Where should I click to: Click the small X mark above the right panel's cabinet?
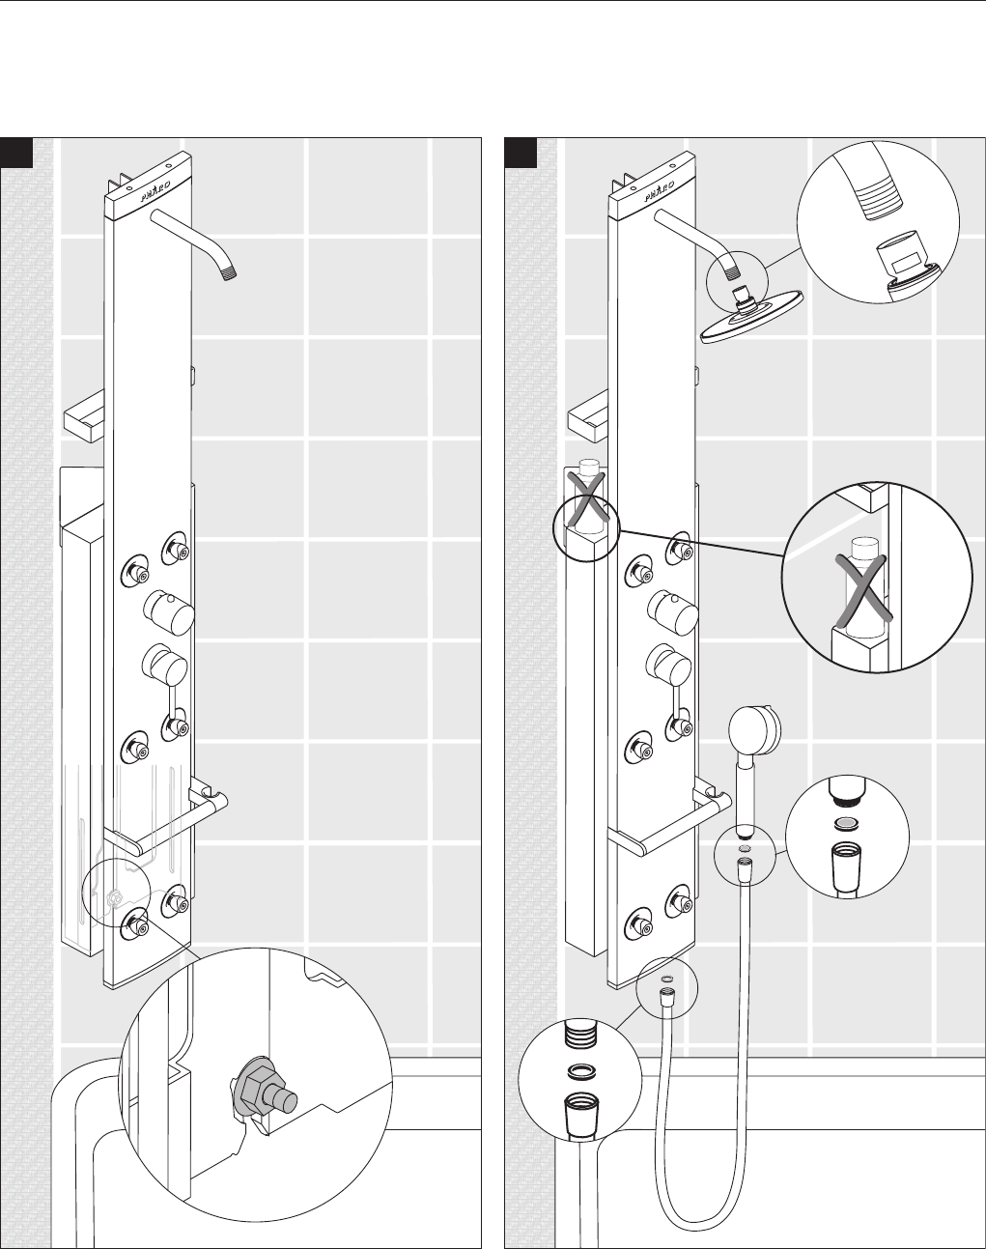(585, 495)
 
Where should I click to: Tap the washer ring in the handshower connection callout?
(847, 824)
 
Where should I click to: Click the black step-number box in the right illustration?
(521, 152)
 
